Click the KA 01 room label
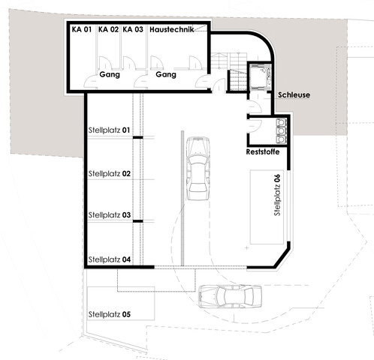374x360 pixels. (x=82, y=29)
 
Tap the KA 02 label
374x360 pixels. (x=108, y=29)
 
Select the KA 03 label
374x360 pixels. (x=133, y=29)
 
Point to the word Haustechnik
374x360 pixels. (x=172, y=29)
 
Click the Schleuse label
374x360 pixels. (x=294, y=95)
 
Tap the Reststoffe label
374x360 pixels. (x=263, y=151)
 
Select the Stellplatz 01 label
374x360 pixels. (x=109, y=130)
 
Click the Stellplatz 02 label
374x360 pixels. (x=110, y=173)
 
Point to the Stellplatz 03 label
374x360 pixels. (x=110, y=215)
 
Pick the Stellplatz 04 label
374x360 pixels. (x=110, y=259)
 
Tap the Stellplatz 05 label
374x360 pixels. (x=110, y=314)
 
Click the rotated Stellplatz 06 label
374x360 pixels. (x=277, y=195)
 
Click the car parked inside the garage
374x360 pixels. (x=198, y=168)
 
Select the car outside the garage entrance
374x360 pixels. (x=231, y=296)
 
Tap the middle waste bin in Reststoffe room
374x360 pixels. (x=282, y=130)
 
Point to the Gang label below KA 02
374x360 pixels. (x=110, y=74)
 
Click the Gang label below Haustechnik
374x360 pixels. (x=166, y=74)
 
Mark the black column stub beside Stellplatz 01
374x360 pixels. (x=137, y=137)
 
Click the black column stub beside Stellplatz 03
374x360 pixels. (x=137, y=221)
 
